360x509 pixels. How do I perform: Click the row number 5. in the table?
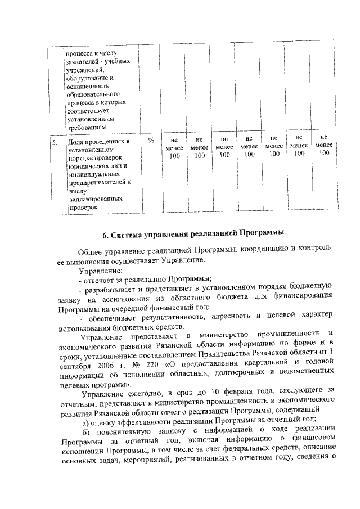[55, 143]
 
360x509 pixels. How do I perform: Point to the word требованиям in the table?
[86, 128]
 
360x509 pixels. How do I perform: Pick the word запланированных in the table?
[93, 199]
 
